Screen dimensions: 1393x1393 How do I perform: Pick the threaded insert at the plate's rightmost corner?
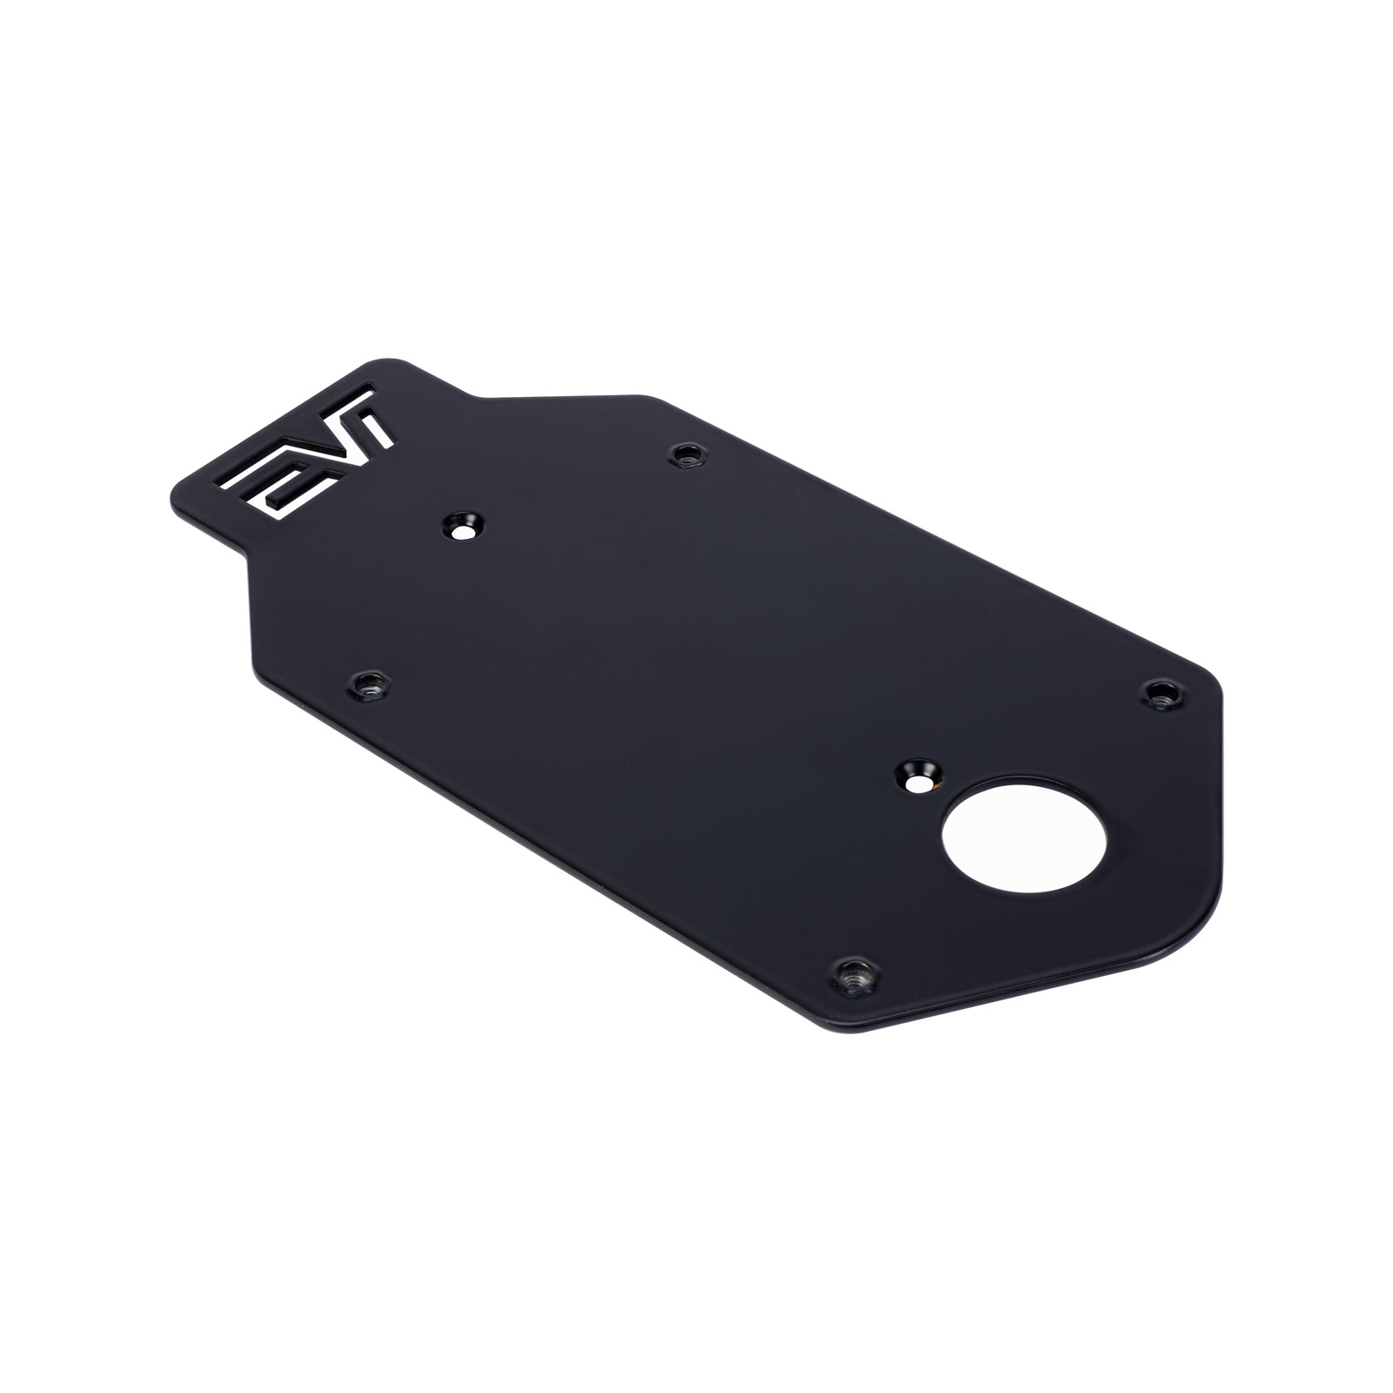1160,695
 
